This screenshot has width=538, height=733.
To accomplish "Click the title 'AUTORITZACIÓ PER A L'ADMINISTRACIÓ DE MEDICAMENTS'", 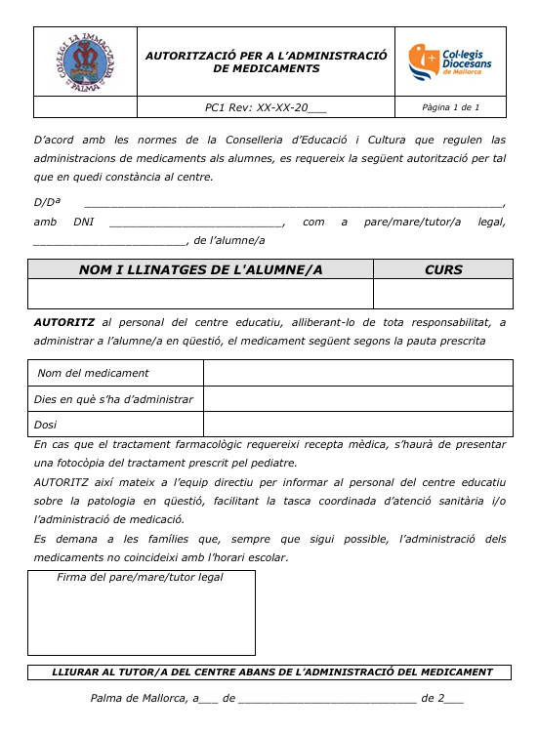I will click(x=267, y=62).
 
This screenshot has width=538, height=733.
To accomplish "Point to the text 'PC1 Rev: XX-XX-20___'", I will click(x=266, y=107).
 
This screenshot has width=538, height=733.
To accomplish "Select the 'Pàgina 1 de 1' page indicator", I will click(x=451, y=107).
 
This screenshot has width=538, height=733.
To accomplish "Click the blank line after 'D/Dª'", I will click(x=293, y=203).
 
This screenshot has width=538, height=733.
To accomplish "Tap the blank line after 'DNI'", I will click(x=195, y=223).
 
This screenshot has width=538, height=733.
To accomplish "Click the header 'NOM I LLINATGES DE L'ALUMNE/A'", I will click(x=200, y=269).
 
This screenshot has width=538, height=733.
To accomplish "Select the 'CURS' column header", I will click(x=443, y=269).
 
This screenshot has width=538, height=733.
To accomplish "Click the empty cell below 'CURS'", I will click(x=443, y=294).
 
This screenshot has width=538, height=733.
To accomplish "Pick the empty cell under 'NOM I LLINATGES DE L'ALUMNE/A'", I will click(x=200, y=294).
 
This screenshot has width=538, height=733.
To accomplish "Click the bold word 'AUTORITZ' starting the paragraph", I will click(x=63, y=322).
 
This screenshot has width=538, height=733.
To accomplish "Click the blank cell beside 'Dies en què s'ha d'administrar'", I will click(x=357, y=399).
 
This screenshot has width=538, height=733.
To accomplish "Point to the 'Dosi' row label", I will click(x=46, y=425).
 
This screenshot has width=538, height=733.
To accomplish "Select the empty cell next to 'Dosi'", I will click(x=357, y=425).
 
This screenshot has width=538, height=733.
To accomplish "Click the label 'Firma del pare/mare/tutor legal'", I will click(x=140, y=578).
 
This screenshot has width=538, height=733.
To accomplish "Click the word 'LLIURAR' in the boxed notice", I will click(x=78, y=672).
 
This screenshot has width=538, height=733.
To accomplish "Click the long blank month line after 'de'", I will click(x=327, y=699).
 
